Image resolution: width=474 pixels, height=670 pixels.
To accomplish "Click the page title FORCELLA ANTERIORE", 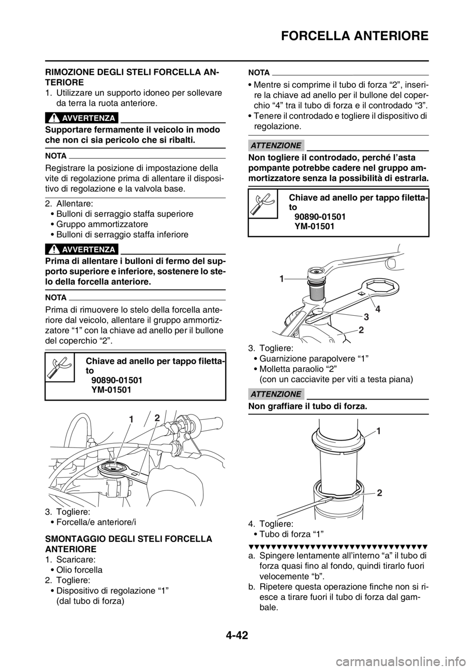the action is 355,36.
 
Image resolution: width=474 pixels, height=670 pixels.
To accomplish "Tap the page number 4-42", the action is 237,641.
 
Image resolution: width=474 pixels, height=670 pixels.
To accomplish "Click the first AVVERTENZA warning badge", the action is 82,118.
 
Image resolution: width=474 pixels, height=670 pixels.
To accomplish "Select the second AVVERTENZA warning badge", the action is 82,249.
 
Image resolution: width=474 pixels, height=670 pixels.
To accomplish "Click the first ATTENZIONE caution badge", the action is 276,146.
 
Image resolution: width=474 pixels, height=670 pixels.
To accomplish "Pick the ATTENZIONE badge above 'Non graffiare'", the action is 276,394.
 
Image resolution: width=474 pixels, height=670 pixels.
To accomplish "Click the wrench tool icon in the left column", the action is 60,367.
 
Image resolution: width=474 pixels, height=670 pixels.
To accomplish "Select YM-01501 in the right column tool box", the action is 315,227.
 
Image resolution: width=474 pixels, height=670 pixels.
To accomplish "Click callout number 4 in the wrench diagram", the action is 378,309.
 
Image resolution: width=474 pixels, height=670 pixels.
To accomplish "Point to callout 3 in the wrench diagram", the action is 366,316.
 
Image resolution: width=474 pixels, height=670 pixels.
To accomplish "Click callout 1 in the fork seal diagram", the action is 379,431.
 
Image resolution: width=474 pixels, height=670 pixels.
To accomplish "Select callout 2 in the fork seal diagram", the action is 379,492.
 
